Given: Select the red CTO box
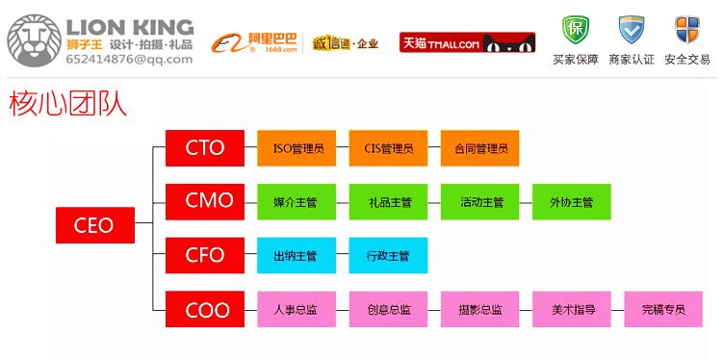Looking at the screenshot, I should pyautogui.click(x=204, y=148).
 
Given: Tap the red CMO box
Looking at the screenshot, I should pyautogui.click(x=204, y=201).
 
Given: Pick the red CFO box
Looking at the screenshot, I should pyautogui.click(x=204, y=255).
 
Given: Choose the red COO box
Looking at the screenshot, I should pyautogui.click(x=204, y=309).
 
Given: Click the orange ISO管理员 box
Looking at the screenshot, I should pyautogui.click(x=297, y=148).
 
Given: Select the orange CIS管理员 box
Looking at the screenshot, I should pyautogui.click(x=388, y=148).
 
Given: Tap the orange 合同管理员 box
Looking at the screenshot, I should pyautogui.click(x=479, y=148).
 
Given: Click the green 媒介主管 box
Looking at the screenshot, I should pyautogui.click(x=297, y=202).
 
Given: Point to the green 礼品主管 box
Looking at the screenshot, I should pyautogui.click(x=388, y=202).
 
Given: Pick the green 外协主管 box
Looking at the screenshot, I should pyautogui.click(x=572, y=202).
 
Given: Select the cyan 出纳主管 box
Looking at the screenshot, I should pyautogui.click(x=297, y=256).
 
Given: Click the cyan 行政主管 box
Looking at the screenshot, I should pyautogui.click(x=388, y=256).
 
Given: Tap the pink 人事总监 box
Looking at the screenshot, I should pyautogui.click(x=297, y=309).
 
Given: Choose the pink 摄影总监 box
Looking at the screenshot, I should pyautogui.click(x=479, y=309).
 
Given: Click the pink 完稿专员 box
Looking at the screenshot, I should pyautogui.click(x=663, y=309).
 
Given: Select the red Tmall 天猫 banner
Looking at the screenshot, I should pyautogui.click(x=467, y=42).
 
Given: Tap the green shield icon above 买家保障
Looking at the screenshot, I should pyautogui.click(x=576, y=29).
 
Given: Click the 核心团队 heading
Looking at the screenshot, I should pyautogui.click(x=67, y=103).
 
